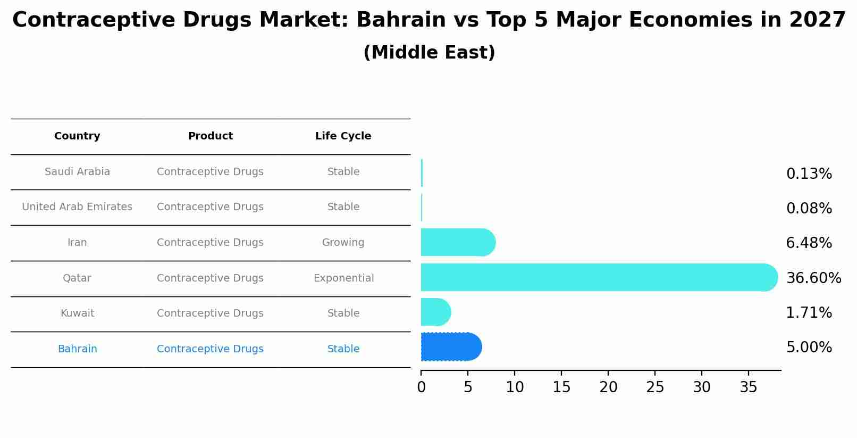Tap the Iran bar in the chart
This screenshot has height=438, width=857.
[x=457, y=243]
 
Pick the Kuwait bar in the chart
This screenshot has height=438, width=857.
[x=435, y=312]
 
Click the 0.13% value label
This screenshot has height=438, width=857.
[x=809, y=174]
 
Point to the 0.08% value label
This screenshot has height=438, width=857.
[x=809, y=209]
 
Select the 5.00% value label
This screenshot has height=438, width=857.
[x=809, y=348]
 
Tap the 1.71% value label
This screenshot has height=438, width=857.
[x=809, y=313]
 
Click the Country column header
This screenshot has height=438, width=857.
[x=77, y=136]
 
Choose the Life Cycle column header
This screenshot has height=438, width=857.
[x=343, y=136]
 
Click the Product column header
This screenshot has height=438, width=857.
[x=210, y=136]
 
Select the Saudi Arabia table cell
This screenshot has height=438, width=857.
[x=77, y=172]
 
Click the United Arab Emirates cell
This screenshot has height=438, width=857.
[x=77, y=207]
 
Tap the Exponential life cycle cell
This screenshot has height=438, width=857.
[x=343, y=278]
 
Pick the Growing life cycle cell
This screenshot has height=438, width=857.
[x=343, y=243]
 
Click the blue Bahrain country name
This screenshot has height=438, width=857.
[x=77, y=349]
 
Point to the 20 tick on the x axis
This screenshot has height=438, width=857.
[x=608, y=387]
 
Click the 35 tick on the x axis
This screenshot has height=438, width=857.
[x=749, y=387]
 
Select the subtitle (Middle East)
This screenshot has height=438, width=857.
[x=429, y=53]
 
